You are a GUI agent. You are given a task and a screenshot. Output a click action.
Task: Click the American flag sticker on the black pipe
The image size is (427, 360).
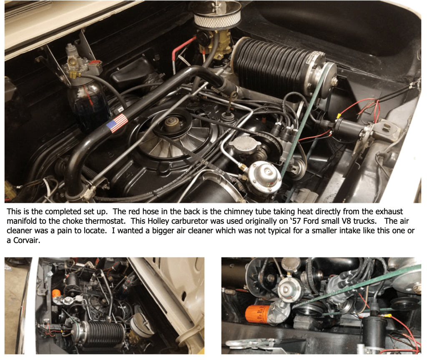pos(117,123)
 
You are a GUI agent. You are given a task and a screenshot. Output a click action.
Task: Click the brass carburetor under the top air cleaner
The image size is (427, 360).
pos(214,45)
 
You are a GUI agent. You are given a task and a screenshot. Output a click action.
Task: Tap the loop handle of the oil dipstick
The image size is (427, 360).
pos(232,97)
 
